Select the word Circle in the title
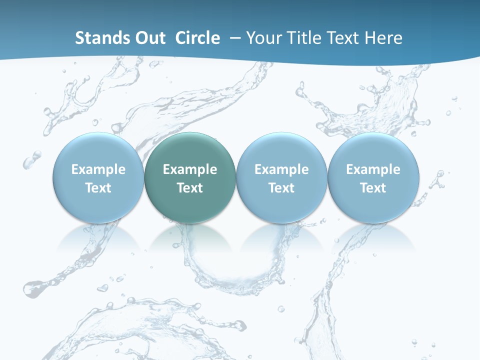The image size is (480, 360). click(x=197, y=38)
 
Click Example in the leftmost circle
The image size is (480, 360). click(x=98, y=169)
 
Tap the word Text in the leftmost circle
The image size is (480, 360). click(x=98, y=188)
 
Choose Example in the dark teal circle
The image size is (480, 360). click(x=190, y=169)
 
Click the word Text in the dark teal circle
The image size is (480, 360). click(x=190, y=188)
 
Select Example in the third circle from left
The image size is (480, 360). click(x=281, y=169)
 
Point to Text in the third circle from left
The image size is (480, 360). click(x=281, y=188)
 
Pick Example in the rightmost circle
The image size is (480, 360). click(x=373, y=169)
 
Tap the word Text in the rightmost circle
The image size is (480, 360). click(x=373, y=188)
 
